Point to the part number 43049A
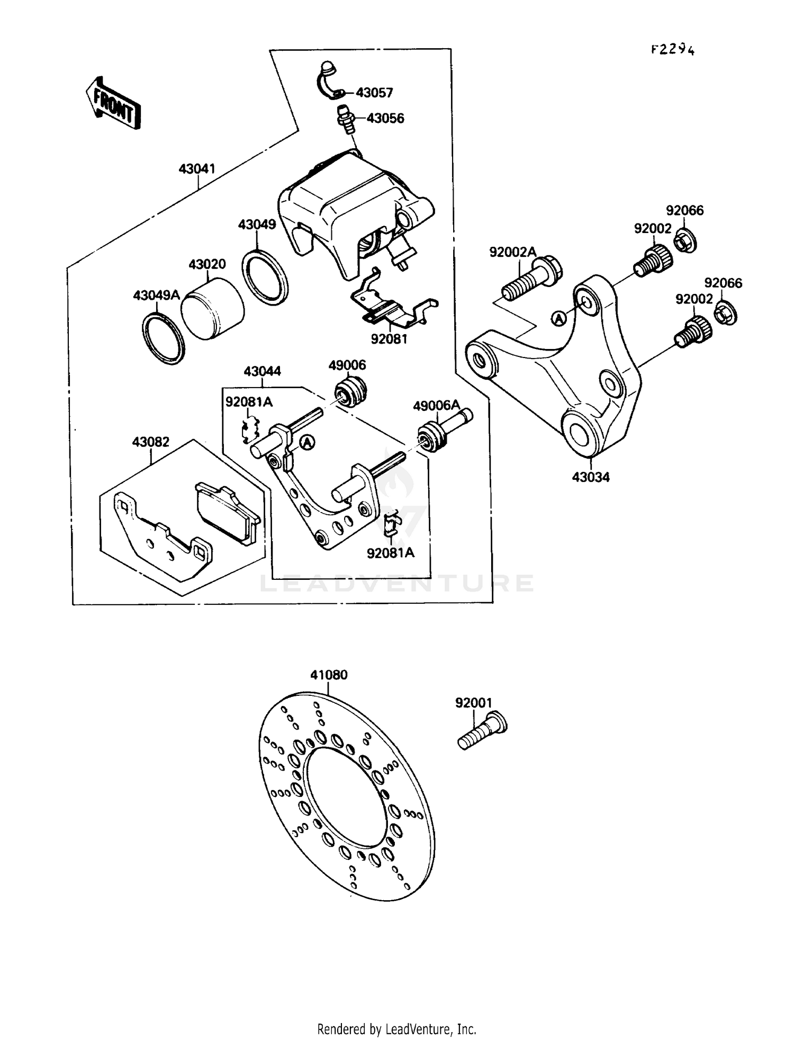[157, 295]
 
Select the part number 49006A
[437, 406]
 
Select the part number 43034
[590, 477]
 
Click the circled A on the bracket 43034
[558, 318]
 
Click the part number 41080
[329, 675]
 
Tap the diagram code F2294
[672, 50]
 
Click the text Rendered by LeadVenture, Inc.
[396, 1029]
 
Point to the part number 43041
[197, 169]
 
